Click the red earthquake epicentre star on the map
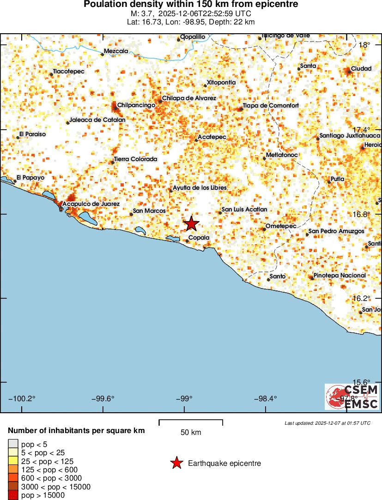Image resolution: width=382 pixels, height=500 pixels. [x=191, y=224]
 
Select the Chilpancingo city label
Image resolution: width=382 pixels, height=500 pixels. [x=136, y=105]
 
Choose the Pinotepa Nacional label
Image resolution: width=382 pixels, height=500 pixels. [x=340, y=275]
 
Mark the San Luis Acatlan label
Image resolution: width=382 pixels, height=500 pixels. [x=244, y=210]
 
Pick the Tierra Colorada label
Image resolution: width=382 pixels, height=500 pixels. [x=135, y=159]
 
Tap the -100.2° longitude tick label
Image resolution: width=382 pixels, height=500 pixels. [x=22, y=399]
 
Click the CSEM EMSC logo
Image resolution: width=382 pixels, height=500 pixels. [x=352, y=397]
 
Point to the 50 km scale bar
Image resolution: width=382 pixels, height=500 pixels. [x=191, y=422]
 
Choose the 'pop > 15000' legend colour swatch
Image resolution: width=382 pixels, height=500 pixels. [x=13, y=495]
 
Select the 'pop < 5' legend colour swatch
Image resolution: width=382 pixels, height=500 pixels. [x=13, y=445]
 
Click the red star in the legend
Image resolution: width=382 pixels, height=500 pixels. [x=176, y=463]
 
